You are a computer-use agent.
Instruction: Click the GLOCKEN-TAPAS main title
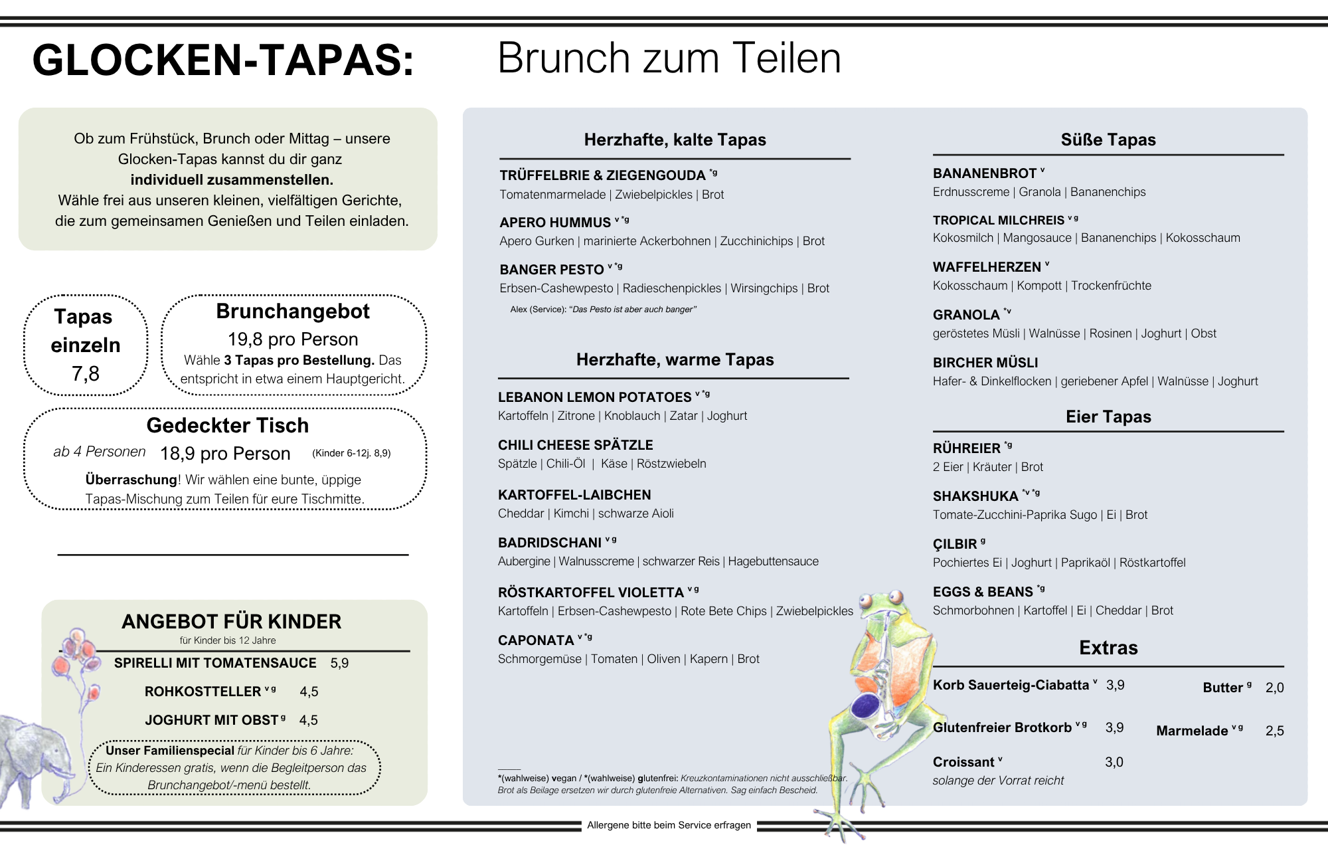(x=223, y=60)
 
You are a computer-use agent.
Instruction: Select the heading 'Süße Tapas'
(x=1108, y=140)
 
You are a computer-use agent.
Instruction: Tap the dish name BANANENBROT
(x=984, y=173)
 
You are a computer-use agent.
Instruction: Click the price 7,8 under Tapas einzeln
(x=86, y=374)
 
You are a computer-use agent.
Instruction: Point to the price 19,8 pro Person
(x=293, y=339)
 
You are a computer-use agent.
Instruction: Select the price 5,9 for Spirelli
(x=339, y=663)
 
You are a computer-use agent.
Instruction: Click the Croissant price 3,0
(x=1114, y=762)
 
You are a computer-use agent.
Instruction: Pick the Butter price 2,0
(x=1274, y=688)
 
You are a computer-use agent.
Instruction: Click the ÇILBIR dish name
(x=955, y=544)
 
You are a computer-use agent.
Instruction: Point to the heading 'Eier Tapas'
(x=1108, y=417)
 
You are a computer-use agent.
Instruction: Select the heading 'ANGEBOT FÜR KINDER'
(x=231, y=622)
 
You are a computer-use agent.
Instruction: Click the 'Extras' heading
(x=1108, y=648)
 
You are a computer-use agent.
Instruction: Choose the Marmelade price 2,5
(x=1274, y=731)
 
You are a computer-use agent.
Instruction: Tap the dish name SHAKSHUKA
(x=975, y=496)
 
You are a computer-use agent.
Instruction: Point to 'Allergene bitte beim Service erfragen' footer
(x=669, y=825)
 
